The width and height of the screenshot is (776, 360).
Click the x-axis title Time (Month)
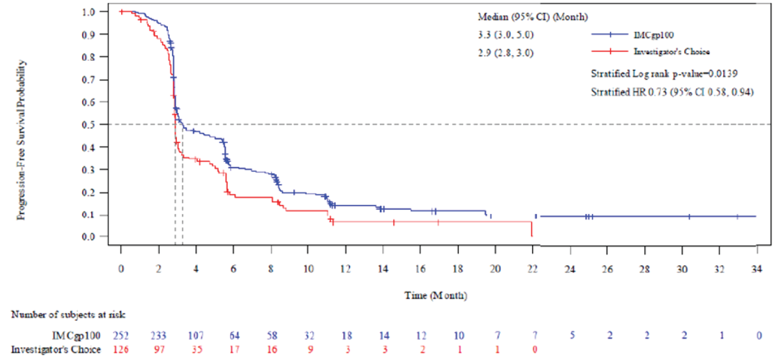coord(436,295)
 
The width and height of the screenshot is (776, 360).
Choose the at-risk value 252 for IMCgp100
coord(121,336)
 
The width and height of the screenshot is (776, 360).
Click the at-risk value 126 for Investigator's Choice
coord(121,349)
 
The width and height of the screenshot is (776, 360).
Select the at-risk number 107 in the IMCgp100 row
coord(196,336)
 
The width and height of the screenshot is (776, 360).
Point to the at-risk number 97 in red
coord(158,349)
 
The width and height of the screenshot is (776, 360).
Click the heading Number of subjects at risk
coord(68,314)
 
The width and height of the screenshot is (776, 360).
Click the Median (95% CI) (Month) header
coord(533,17)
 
